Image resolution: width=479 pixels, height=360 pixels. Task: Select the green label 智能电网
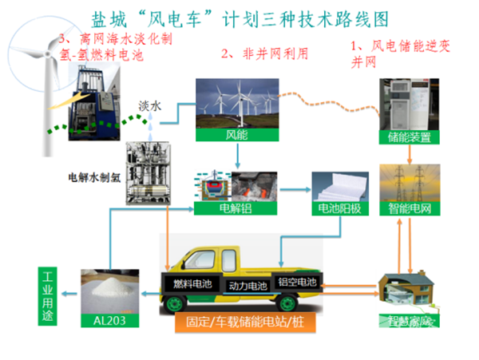[410, 209]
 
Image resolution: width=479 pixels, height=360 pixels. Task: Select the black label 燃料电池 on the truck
[192, 283]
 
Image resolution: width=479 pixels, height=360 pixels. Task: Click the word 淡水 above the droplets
[149, 105]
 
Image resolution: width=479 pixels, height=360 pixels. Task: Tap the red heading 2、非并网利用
[264, 53]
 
